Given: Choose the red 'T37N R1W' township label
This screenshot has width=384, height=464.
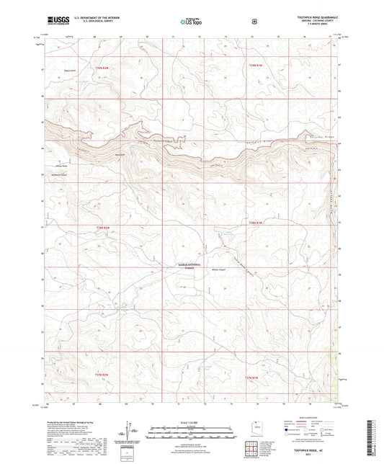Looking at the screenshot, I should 252,378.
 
